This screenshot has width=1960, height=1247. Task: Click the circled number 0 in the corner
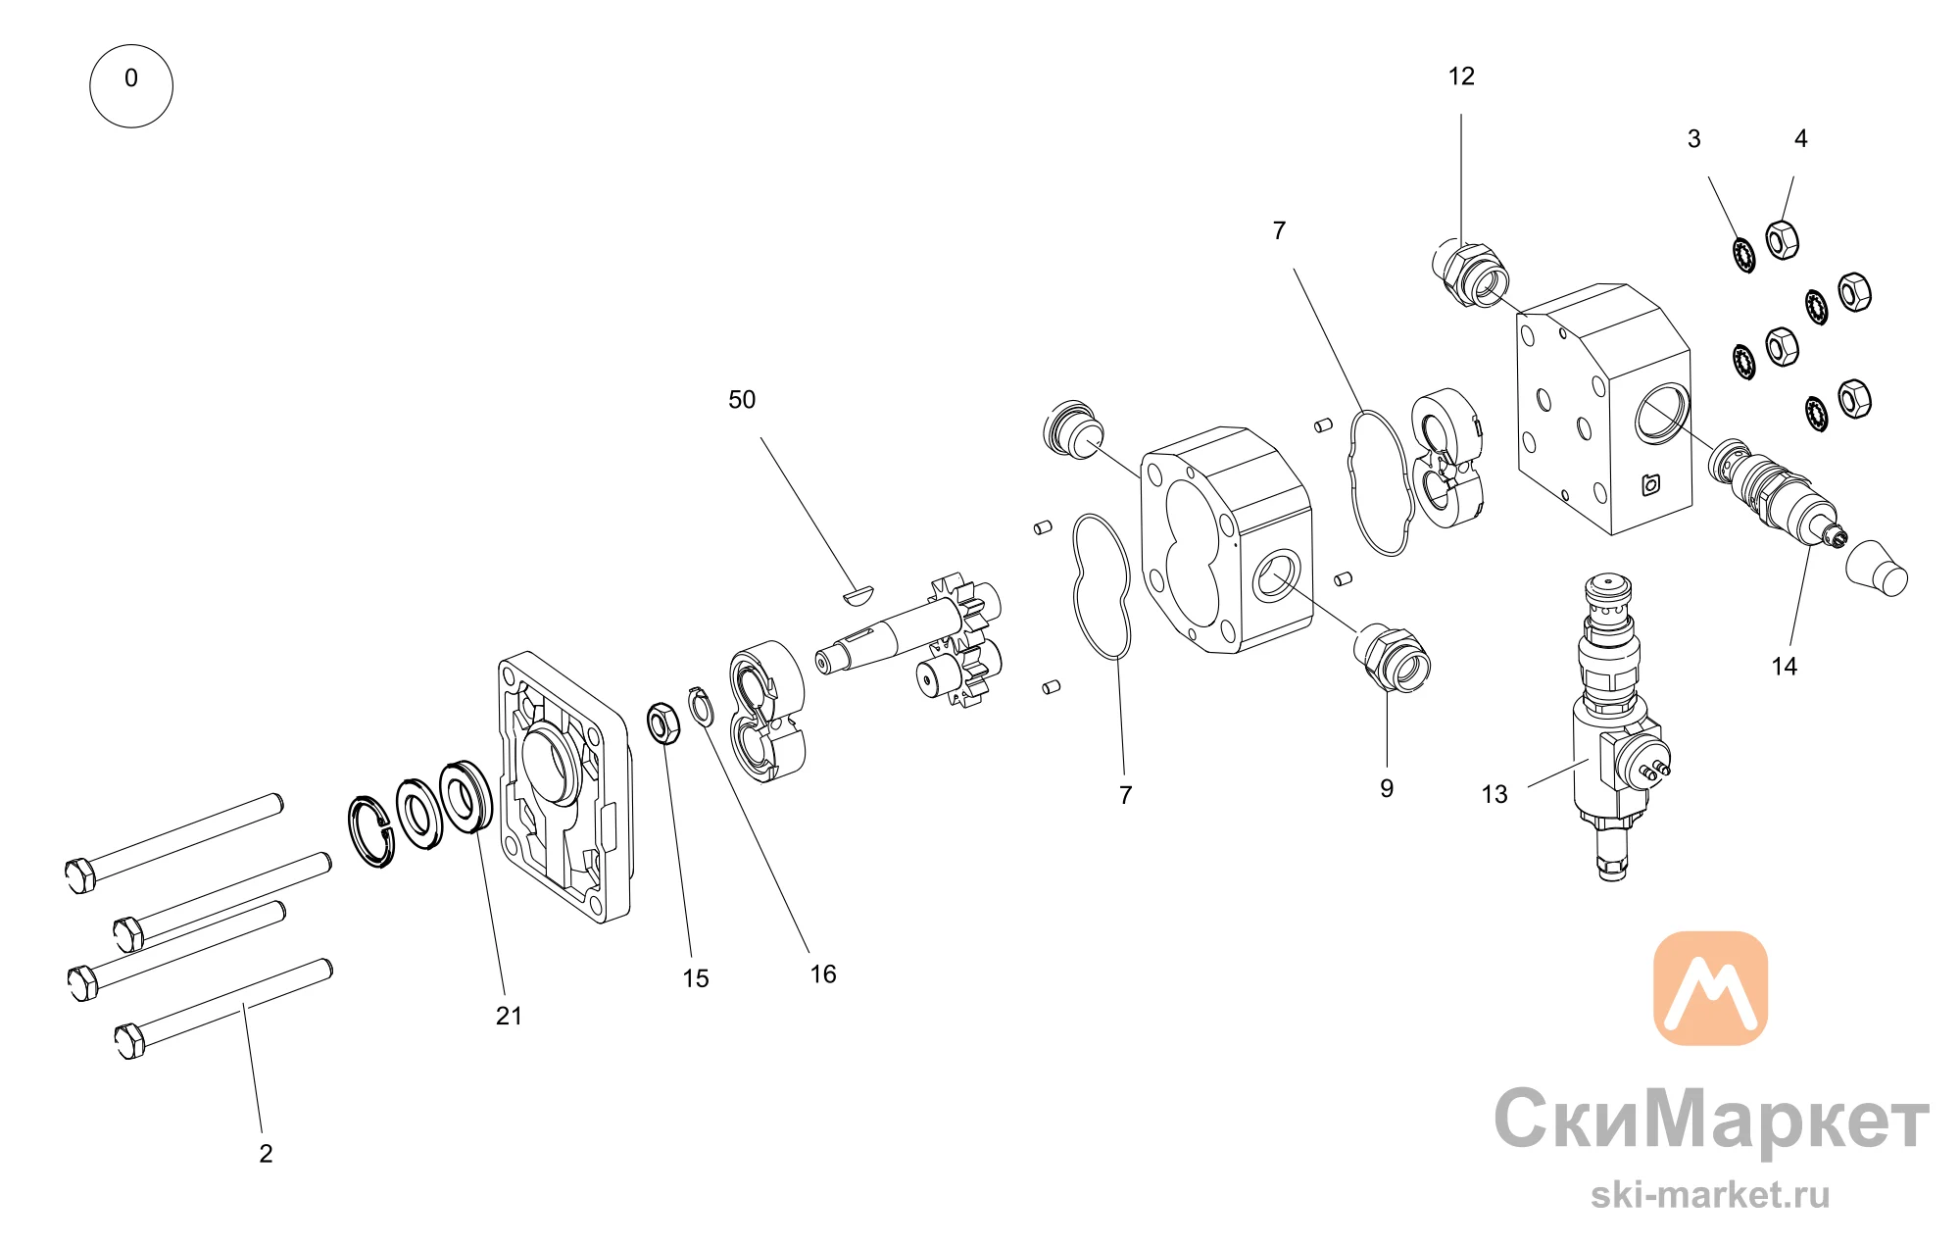point(131,85)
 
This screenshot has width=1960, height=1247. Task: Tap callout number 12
point(1461,76)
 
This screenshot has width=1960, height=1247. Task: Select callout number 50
point(742,400)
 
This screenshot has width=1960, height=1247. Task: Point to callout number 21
point(509,1016)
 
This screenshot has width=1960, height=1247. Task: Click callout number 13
point(1494,794)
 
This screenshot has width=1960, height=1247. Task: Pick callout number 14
point(1784,667)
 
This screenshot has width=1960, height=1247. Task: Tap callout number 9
point(1387,788)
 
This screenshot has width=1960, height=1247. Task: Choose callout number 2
point(266,1153)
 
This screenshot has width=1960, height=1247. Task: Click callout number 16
point(823,973)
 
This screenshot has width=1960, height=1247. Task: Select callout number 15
point(696,978)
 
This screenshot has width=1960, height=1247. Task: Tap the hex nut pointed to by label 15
point(663,723)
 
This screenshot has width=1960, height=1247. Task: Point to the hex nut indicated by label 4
point(1782,238)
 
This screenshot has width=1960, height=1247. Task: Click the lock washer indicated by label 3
point(1743,255)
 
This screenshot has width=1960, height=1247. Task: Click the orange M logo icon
point(1710,988)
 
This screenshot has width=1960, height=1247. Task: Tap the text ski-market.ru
point(1710,1195)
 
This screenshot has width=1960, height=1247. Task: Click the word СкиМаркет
point(1711,1120)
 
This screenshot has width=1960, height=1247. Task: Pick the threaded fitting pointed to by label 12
point(1469,273)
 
